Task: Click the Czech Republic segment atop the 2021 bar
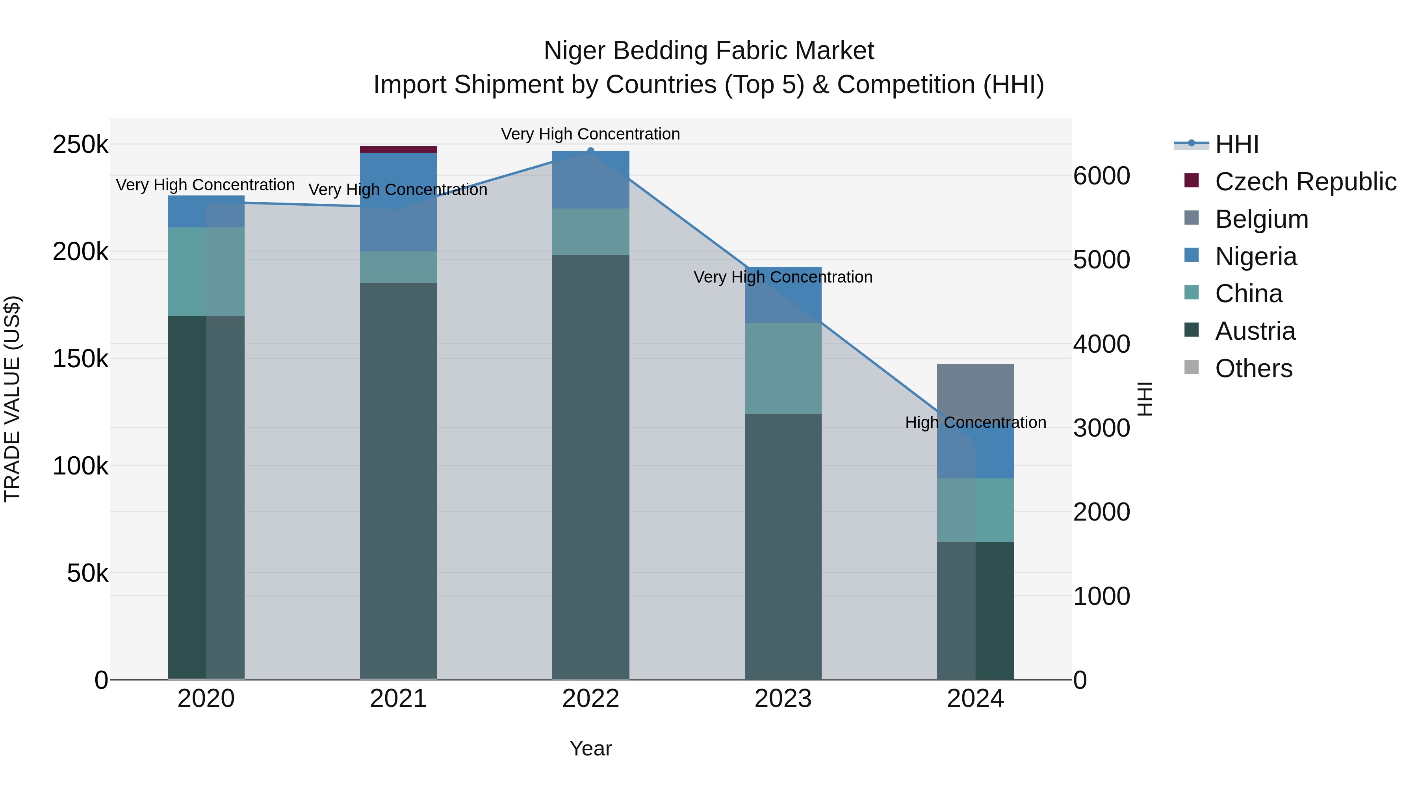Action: click(x=398, y=149)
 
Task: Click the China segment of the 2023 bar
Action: click(x=783, y=368)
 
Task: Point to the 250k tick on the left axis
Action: click(x=80, y=145)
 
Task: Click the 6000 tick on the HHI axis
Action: click(x=1101, y=176)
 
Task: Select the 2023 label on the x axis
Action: click(x=783, y=699)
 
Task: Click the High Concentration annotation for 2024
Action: click(x=975, y=422)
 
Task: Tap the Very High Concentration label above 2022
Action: click(x=590, y=134)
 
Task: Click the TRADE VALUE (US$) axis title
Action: click(x=12, y=399)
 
